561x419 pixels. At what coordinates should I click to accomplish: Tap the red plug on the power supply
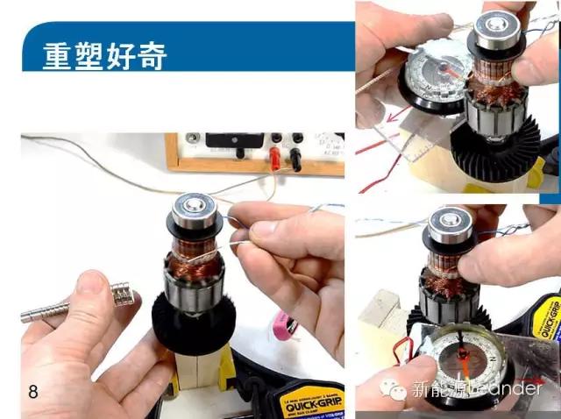point(274,158)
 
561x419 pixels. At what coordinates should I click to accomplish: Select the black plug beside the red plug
point(296,158)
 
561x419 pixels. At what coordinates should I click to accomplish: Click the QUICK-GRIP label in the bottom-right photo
point(547,320)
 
